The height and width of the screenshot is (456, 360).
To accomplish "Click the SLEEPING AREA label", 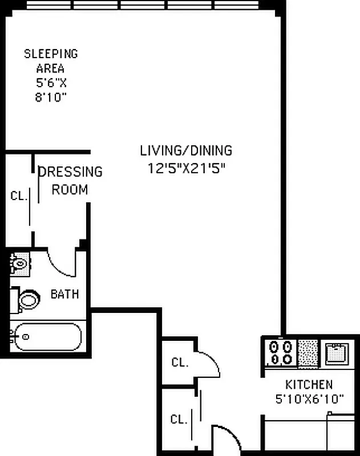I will click(x=50, y=61).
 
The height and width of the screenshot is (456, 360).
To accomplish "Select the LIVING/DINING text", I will click(x=186, y=151).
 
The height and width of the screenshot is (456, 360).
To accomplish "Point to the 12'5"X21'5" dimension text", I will click(x=186, y=169).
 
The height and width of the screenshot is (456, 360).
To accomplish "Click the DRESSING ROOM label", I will click(x=70, y=180).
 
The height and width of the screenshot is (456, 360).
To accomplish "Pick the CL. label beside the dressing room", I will click(x=19, y=196).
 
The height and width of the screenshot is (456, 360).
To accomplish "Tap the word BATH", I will click(x=64, y=295).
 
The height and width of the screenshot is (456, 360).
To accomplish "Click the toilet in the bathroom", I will click(x=27, y=299).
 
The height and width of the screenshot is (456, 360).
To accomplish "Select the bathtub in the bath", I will click(x=46, y=337).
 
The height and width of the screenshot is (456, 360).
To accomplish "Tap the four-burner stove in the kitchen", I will click(x=280, y=352).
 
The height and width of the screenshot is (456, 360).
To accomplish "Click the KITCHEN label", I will click(x=309, y=385).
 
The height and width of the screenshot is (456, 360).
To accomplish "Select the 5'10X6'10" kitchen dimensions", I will click(x=309, y=399).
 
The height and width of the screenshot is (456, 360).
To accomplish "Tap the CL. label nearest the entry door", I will click(x=179, y=420).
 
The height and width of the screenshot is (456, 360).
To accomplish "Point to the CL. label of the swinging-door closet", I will click(x=180, y=363).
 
